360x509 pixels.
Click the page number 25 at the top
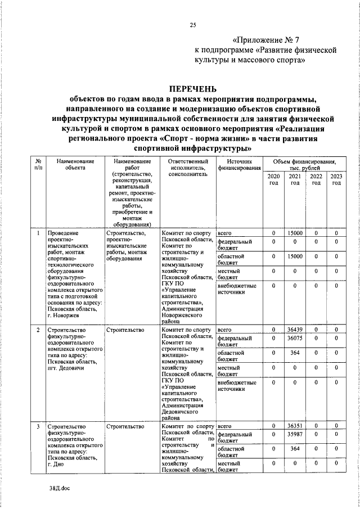point(193,24)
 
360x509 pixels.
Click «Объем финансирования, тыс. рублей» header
point(304,165)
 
